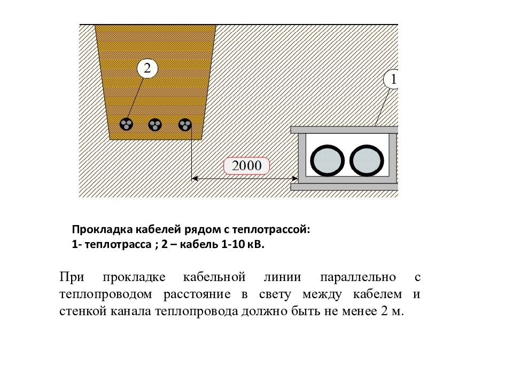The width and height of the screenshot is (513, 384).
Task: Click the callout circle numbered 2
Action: [x=147, y=68]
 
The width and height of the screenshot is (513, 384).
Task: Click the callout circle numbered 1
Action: [x=391, y=79]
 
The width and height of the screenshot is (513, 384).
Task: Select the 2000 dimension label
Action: [x=246, y=166]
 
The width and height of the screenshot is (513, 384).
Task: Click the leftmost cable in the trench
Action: [x=126, y=124]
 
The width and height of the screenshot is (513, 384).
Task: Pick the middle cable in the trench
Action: [x=155, y=124]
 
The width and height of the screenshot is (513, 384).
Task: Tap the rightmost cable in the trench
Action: [x=185, y=125]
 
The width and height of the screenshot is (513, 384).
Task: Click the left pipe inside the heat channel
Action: [x=327, y=161]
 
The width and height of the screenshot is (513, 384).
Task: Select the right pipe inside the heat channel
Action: [x=367, y=161]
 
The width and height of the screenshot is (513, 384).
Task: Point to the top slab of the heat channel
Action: [x=344, y=130]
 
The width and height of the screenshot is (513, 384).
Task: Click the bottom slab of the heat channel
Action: [x=344, y=187]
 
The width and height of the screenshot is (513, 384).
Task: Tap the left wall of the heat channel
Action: [x=302, y=158]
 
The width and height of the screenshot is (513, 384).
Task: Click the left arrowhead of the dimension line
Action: [x=195, y=179]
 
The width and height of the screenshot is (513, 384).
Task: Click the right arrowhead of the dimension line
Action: [x=294, y=179]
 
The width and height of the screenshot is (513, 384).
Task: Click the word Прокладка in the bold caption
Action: [x=102, y=229]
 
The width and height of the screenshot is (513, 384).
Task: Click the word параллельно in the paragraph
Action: [x=358, y=277]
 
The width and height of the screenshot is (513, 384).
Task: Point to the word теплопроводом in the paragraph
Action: [x=105, y=294]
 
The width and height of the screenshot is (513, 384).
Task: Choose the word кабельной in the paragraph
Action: [x=214, y=277]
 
